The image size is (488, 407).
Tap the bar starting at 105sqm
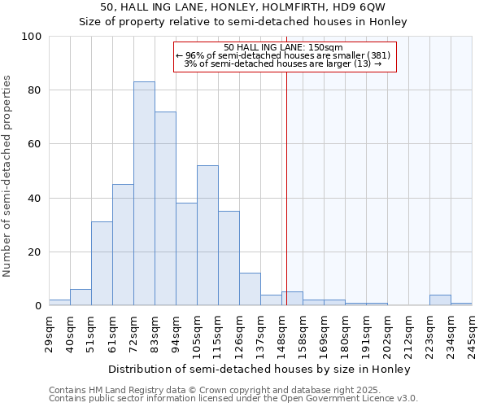click(x=207, y=235)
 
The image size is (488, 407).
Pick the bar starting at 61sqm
click(x=123, y=245)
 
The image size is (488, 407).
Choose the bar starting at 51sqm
click(x=102, y=264)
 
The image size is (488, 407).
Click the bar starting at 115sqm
click(x=229, y=258)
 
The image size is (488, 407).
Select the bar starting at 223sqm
click(x=440, y=300)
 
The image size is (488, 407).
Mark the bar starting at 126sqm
click(x=250, y=290)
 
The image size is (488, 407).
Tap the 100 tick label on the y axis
click(x=32, y=37)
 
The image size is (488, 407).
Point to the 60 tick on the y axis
click(x=35, y=144)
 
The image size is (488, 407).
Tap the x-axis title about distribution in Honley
click(x=259, y=369)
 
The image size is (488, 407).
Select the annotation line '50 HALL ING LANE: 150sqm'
click(x=283, y=47)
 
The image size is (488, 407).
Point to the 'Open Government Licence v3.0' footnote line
click(x=233, y=399)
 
